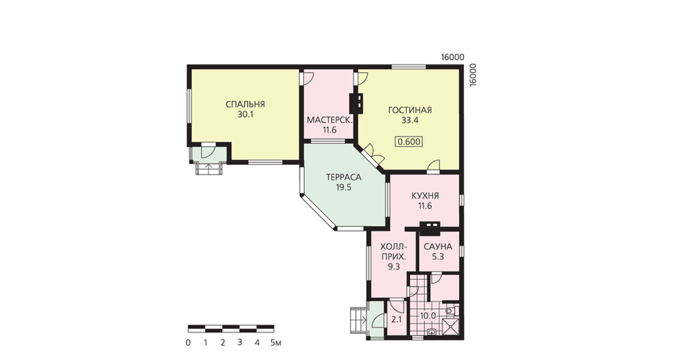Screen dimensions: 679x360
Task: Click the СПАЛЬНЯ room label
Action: pyautogui.click(x=245, y=105)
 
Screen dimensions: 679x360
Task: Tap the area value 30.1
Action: pyautogui.click(x=245, y=115)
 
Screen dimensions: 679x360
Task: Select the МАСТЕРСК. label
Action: pyautogui.click(x=329, y=120)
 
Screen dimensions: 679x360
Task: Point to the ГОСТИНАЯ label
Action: pyautogui.click(x=409, y=110)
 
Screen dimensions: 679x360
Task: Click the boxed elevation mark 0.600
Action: pyautogui.click(x=409, y=142)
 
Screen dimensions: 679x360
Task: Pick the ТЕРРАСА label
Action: pyautogui.click(x=344, y=177)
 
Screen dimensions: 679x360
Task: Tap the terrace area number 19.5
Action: pyautogui.click(x=344, y=187)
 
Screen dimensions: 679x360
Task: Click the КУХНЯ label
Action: pyautogui.click(x=425, y=196)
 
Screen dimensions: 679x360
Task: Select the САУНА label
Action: pyautogui.click(x=438, y=247)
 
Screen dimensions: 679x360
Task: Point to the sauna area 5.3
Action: pyautogui.click(x=438, y=257)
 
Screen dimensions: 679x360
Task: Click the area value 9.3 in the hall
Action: pyautogui.click(x=394, y=267)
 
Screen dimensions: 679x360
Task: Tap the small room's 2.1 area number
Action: pyautogui.click(x=397, y=320)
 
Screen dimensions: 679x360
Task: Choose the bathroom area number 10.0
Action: pyautogui.click(x=428, y=317)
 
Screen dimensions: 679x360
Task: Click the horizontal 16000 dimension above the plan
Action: pyautogui.click(x=452, y=57)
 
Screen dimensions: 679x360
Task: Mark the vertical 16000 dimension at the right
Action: pyautogui.click(x=473, y=75)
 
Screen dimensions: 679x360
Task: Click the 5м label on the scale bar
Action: pyautogui.click(x=276, y=342)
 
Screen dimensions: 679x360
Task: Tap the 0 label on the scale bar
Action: pyautogui.click(x=188, y=342)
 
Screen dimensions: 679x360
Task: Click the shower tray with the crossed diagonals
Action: pyautogui.click(x=451, y=326)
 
